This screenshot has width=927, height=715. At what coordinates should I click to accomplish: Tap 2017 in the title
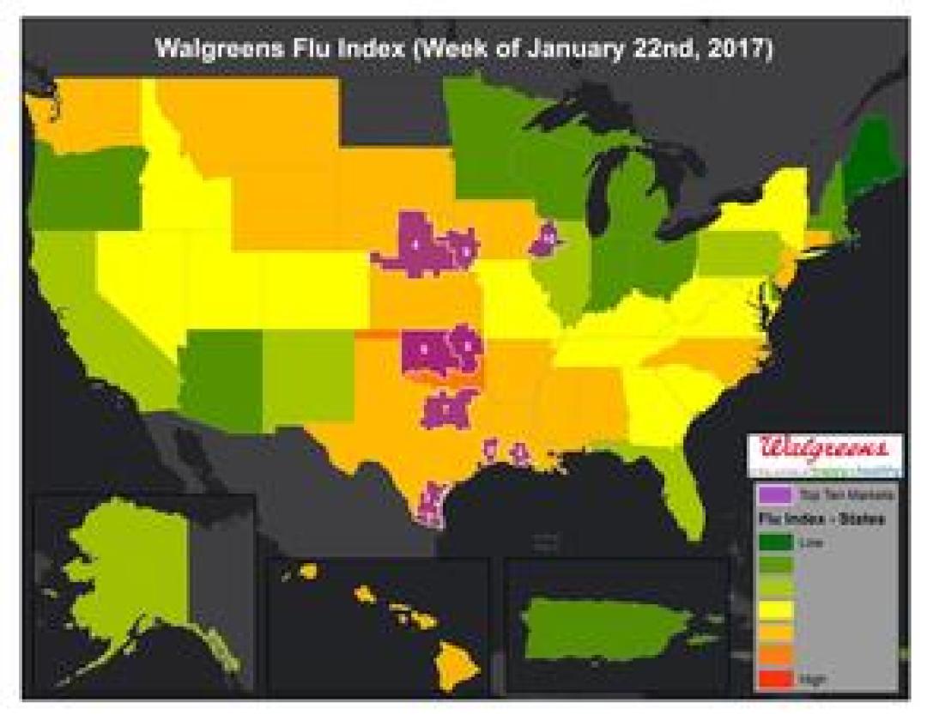740,49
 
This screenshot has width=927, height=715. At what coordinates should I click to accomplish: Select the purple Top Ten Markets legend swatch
774,495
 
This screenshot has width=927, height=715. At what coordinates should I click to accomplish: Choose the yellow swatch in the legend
774,609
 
